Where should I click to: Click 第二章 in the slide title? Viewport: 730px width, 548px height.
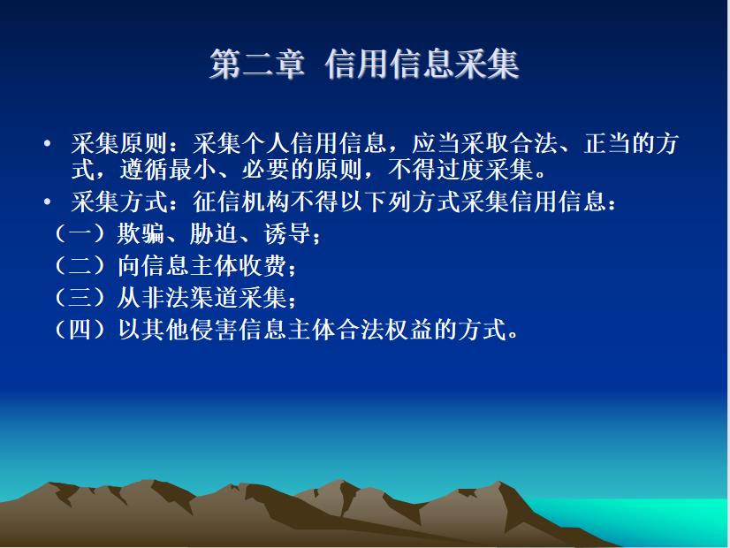pyautogui.click(x=257, y=65)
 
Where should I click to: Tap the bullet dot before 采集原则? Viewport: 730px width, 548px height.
pyautogui.click(x=47, y=144)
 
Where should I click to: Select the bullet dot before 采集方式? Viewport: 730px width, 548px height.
pyautogui.click(x=47, y=202)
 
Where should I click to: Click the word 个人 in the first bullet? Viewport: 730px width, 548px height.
pyautogui.click(x=266, y=143)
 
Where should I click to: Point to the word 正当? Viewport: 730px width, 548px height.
pyautogui.click(x=607, y=143)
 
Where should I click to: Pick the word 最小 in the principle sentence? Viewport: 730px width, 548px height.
pyautogui.click(x=193, y=169)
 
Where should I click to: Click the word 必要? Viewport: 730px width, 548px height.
pyautogui.click(x=266, y=169)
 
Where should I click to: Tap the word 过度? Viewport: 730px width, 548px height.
pyautogui.click(x=460, y=169)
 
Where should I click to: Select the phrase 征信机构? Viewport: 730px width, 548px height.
pyautogui.click(x=241, y=202)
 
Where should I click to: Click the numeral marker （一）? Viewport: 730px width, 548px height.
pyautogui.click(x=81, y=233)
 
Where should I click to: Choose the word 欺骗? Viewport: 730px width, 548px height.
pyautogui.click(x=141, y=233)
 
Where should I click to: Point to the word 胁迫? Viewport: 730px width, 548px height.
pyautogui.click(x=214, y=233)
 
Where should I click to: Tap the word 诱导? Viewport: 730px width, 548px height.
pyautogui.click(x=286, y=233)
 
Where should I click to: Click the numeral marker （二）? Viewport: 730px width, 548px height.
pyautogui.click(x=81, y=266)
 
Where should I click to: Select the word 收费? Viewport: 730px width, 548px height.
pyautogui.click(x=262, y=266)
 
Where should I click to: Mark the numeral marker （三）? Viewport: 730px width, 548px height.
pyautogui.click(x=81, y=298)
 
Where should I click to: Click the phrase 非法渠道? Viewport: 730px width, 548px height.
pyautogui.click(x=189, y=298)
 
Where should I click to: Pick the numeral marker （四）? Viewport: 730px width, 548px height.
pyautogui.click(x=81, y=330)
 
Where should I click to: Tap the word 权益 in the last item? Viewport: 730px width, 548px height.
pyautogui.click(x=408, y=330)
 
